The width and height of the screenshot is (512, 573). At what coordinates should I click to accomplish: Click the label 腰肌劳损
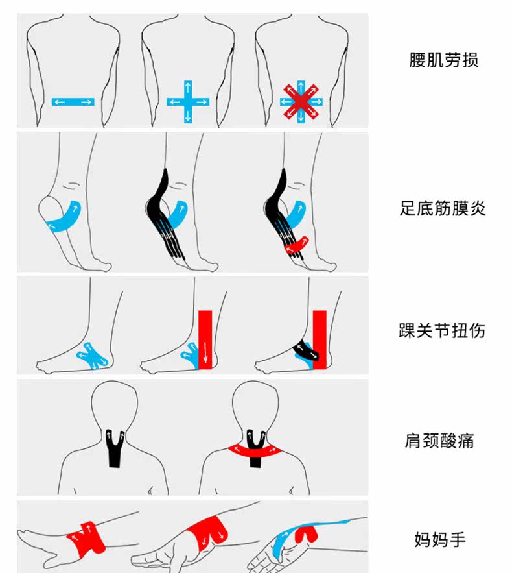click(x=444, y=61)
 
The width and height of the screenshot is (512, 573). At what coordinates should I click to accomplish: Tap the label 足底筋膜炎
click(x=443, y=208)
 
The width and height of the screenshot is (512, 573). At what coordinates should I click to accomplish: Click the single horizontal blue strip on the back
click(x=73, y=102)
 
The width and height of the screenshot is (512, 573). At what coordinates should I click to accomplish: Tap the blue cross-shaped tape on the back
click(x=188, y=102)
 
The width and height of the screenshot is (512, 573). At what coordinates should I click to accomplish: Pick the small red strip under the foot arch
click(x=296, y=246)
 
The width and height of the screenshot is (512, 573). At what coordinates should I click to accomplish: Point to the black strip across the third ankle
click(x=305, y=351)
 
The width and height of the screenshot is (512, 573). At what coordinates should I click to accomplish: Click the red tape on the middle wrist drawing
click(x=208, y=532)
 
